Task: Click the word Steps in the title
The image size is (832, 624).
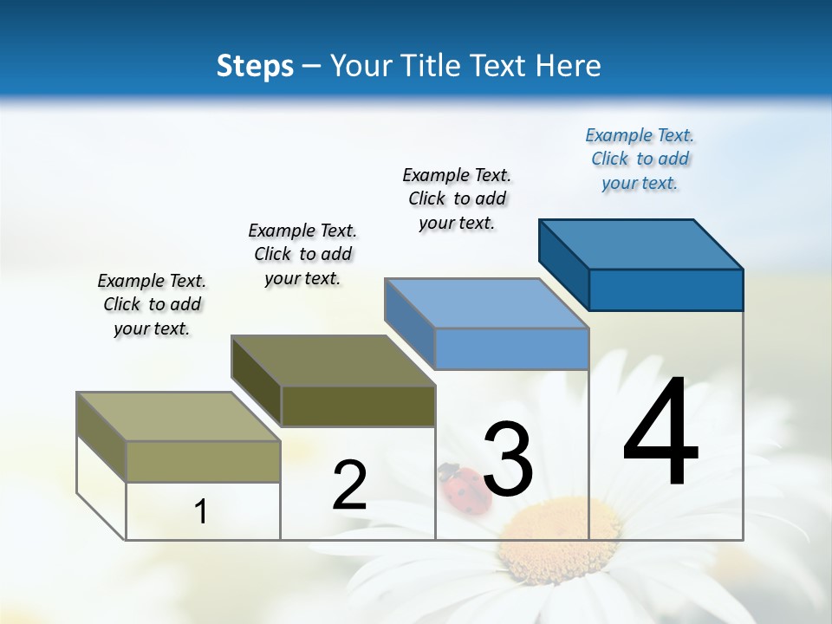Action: [x=255, y=66]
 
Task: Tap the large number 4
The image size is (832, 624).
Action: [x=660, y=433]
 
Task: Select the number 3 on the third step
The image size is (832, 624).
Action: [x=508, y=459]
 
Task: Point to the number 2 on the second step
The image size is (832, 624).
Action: [x=349, y=485]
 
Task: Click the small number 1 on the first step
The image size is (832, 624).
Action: [x=201, y=511]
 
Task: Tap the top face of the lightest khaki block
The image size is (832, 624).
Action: [x=179, y=417]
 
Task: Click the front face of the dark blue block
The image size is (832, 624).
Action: [x=666, y=289]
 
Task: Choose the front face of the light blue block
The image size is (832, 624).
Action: [x=511, y=349]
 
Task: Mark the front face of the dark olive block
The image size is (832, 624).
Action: [x=358, y=406]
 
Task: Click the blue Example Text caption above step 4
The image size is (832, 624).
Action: [x=640, y=159]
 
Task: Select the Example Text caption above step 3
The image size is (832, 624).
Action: [x=457, y=198]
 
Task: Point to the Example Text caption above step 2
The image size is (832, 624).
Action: [x=302, y=254]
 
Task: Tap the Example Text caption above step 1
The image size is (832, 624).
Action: [x=152, y=304]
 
